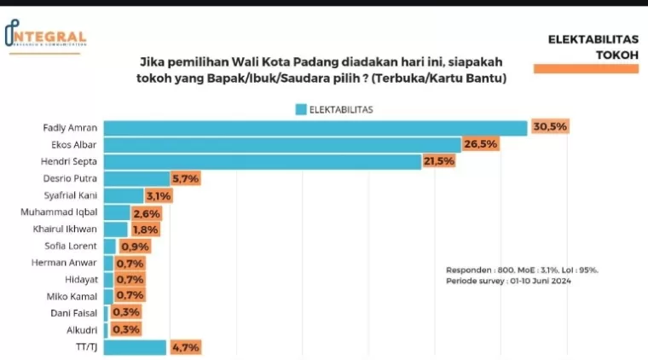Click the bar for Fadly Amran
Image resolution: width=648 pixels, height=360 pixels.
click(x=315, y=127)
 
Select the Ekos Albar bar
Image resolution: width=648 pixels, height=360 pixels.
click(x=281, y=144)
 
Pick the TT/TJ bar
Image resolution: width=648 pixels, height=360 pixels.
click(x=135, y=346)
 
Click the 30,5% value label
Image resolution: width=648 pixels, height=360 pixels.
click(x=550, y=127)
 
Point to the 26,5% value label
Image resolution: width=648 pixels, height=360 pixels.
click(x=480, y=144)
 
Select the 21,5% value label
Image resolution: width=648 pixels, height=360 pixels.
click(x=439, y=161)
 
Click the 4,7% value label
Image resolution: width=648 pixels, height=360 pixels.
click(x=186, y=346)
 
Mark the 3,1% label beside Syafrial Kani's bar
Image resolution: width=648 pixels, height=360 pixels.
click(x=158, y=195)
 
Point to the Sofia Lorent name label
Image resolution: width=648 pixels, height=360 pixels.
click(x=72, y=246)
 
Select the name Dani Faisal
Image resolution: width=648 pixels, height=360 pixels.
click(x=75, y=312)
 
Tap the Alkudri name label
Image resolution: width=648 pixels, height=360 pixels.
click(x=81, y=329)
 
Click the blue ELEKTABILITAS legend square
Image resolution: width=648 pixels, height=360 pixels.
click(x=300, y=109)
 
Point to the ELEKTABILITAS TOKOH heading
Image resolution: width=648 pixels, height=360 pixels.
click(x=593, y=48)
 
